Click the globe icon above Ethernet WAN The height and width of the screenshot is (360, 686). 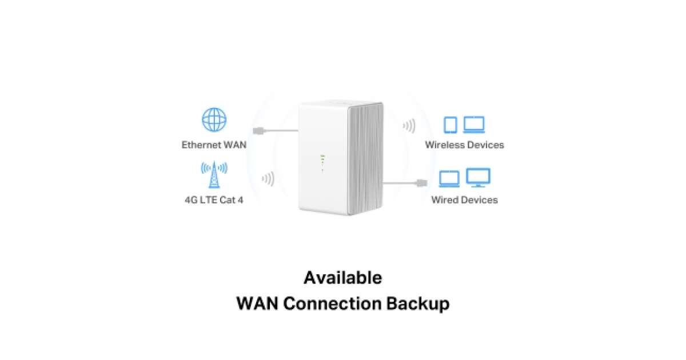point(214,119)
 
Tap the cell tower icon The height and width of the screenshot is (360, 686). point(214,175)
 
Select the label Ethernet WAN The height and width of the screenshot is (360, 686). point(214,145)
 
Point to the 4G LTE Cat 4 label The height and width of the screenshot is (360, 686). point(214,200)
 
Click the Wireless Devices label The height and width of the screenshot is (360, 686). point(464,145)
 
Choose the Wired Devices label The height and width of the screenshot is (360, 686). point(464,200)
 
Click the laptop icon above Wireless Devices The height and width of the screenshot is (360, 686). point(474,125)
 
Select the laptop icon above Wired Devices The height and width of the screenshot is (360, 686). point(449,179)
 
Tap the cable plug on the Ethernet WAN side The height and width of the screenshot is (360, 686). point(258,130)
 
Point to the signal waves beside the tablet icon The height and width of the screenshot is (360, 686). point(409,126)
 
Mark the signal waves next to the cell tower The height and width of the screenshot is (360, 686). point(268,179)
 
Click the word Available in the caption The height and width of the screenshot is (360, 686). point(342,278)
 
